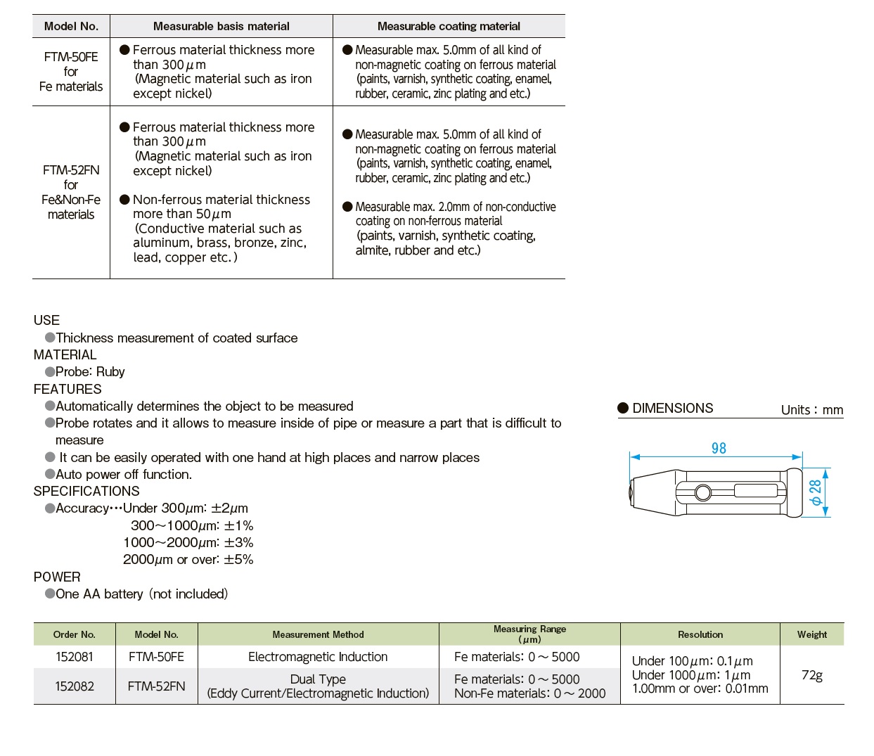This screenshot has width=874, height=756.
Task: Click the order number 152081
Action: (x=74, y=657)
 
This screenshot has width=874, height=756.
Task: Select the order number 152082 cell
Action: (x=74, y=686)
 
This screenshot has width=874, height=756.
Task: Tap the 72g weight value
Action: (x=812, y=675)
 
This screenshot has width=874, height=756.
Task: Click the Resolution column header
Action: (x=700, y=634)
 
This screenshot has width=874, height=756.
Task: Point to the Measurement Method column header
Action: (x=318, y=634)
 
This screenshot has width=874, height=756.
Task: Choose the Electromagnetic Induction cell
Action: (x=318, y=657)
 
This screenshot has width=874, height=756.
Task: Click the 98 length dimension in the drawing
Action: (x=719, y=448)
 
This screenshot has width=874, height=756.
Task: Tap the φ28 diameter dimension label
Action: (x=815, y=492)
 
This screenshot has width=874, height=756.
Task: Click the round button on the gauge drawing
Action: (x=702, y=492)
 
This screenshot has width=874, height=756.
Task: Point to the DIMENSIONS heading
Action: (x=672, y=408)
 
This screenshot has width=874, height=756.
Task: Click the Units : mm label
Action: (x=812, y=410)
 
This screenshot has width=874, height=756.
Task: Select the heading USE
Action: (x=46, y=320)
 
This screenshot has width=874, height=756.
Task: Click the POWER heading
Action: (x=57, y=577)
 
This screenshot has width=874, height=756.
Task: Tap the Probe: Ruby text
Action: (x=90, y=371)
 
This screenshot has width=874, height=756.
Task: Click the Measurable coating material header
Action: (x=449, y=26)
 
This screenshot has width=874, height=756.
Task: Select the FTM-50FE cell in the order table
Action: (x=157, y=657)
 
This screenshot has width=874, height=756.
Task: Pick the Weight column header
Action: (x=812, y=634)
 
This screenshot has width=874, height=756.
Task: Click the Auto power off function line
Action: (x=124, y=475)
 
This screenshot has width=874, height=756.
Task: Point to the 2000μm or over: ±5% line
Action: (x=188, y=559)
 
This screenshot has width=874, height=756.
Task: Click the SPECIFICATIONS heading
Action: (x=86, y=491)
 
